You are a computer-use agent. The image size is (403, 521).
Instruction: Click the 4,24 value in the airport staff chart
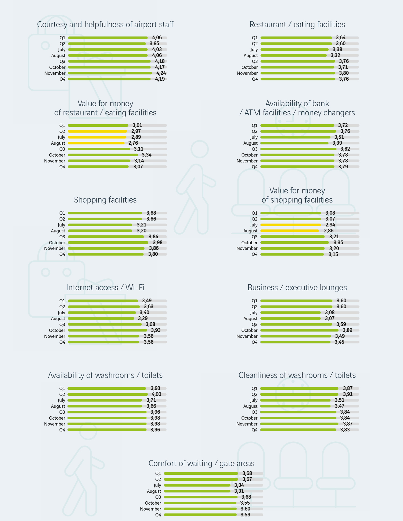161,73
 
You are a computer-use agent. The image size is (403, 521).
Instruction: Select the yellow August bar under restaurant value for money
96,143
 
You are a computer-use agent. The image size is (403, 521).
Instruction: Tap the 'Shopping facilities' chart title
105,200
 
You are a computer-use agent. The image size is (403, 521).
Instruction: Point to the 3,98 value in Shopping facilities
157,243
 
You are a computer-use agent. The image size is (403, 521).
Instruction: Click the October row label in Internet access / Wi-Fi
57,330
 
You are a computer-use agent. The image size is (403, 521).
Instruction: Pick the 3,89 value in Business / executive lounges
347,330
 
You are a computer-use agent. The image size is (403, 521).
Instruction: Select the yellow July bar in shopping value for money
290,225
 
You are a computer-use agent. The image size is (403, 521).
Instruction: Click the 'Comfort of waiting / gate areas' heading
201,463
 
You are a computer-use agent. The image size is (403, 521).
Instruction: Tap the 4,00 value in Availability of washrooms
156,394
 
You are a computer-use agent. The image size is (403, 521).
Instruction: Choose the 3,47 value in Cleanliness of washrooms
339,406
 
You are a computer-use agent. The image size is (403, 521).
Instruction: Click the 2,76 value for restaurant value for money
133,143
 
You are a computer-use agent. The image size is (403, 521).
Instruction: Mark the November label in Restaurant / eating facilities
247,73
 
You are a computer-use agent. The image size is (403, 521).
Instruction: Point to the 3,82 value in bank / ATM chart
345,149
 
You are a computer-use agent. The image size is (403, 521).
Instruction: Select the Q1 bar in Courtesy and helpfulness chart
107,38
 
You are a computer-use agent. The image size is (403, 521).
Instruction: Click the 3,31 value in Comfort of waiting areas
239,491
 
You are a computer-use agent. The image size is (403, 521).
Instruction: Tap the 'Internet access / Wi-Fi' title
105,288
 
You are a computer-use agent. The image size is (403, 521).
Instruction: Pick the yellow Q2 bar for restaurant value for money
97,131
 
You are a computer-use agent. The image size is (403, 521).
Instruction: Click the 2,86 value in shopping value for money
329,231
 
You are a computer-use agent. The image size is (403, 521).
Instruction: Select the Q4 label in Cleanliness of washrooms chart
254,430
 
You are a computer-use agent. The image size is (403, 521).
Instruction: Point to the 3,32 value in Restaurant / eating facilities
335,55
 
